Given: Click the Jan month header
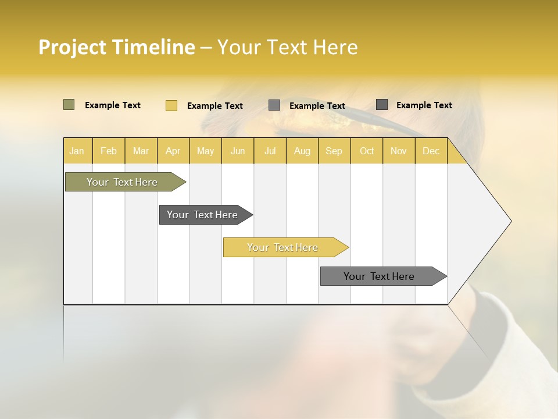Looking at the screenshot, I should point(77,151).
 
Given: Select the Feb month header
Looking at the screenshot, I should point(109,151).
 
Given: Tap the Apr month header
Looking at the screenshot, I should point(173,151).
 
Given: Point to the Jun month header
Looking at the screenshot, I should point(238,151).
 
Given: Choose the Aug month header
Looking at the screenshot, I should point(302,151).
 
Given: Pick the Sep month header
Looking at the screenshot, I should point(334,151).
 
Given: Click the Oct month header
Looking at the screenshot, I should point(367,151).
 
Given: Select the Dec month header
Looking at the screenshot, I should point(431,151).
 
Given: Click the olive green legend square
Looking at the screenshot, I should point(69,105).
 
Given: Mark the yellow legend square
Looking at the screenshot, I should point(171,105).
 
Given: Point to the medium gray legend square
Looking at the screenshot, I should point(274,105).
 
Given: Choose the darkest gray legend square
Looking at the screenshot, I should point(382,105).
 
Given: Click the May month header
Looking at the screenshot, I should point(205,151).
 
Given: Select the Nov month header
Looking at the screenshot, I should point(399,151).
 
